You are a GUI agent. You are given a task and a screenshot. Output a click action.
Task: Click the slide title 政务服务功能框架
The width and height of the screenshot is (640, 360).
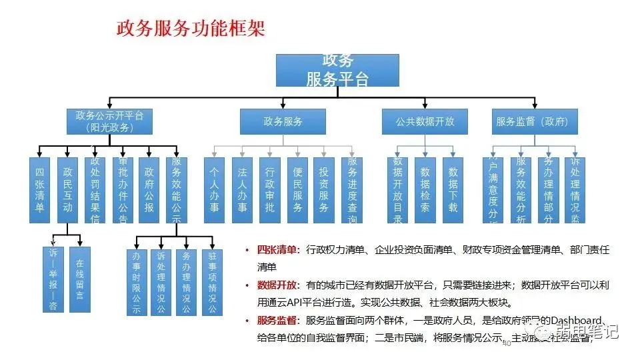(x=191, y=28)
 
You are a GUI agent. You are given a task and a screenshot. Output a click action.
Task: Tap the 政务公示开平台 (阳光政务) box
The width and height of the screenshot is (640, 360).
(x=110, y=121)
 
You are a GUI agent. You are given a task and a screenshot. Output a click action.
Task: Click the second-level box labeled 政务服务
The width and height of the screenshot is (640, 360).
(x=283, y=121)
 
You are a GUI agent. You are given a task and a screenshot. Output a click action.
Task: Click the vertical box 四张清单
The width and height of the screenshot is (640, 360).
(x=41, y=190)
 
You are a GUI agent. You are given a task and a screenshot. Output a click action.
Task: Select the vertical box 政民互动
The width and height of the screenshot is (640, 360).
(x=67, y=190)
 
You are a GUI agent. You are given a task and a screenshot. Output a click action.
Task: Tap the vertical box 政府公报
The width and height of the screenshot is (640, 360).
(x=149, y=190)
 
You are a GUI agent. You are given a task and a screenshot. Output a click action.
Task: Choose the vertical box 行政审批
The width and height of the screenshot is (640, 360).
(x=269, y=190)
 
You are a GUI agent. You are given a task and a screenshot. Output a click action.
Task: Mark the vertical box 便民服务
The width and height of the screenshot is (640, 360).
(x=297, y=190)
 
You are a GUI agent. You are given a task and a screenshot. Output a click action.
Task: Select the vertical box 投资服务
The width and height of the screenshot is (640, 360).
(x=324, y=190)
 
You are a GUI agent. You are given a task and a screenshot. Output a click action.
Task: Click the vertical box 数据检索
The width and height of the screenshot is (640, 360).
(x=425, y=190)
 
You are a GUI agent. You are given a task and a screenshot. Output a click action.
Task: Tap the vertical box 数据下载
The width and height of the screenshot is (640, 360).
(x=453, y=190)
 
